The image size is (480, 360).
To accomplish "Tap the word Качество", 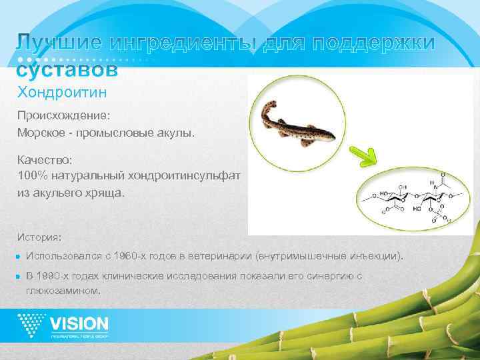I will click(45, 161).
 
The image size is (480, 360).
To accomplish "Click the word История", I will click(40, 237).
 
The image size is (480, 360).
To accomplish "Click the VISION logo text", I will click(79, 324).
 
